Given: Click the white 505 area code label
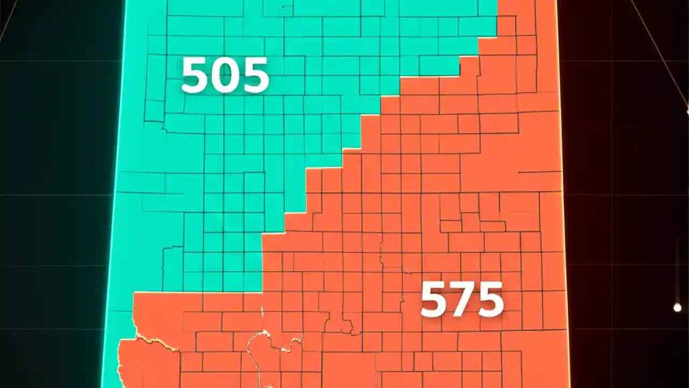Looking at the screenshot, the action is [x=225, y=75].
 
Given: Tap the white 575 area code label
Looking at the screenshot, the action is [x=462, y=300].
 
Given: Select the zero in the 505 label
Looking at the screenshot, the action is [x=225, y=75].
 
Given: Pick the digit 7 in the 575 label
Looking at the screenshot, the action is [x=462, y=300].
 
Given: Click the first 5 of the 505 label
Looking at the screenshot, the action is [x=195, y=75].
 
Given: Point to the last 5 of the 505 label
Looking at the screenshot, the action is [x=255, y=75].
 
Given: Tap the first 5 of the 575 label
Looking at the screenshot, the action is [x=433, y=300].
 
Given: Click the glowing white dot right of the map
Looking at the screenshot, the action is [x=677, y=308].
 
